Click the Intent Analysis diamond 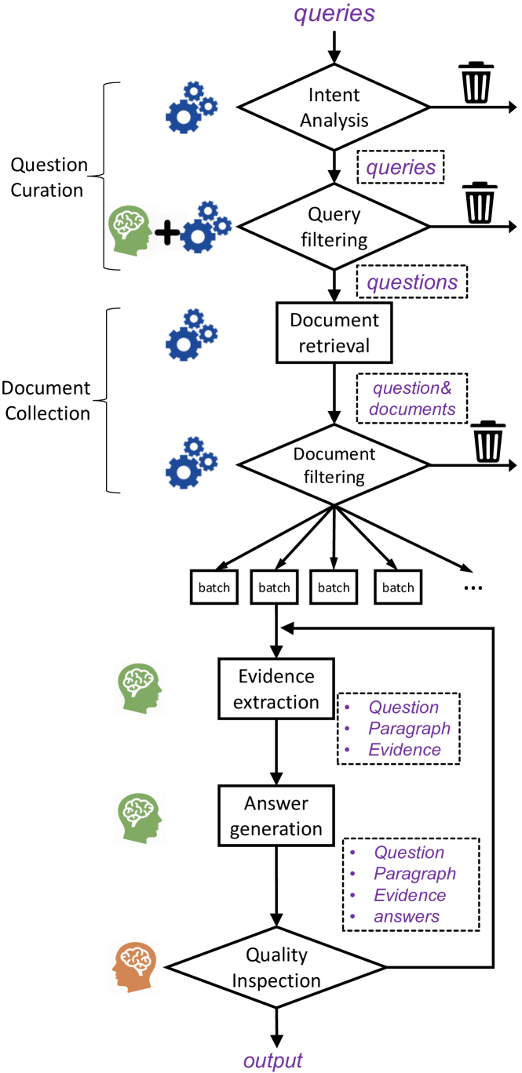pos(334,107)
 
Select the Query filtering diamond pos(334,227)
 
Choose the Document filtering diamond pos(334,465)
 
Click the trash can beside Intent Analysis pos(476,83)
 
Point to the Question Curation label pos(49,176)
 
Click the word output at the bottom pos(272,1060)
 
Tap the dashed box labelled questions pos(411,282)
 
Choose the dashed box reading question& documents pos(412,398)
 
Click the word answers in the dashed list pos(407,915)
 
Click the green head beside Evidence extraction pos(139,688)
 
